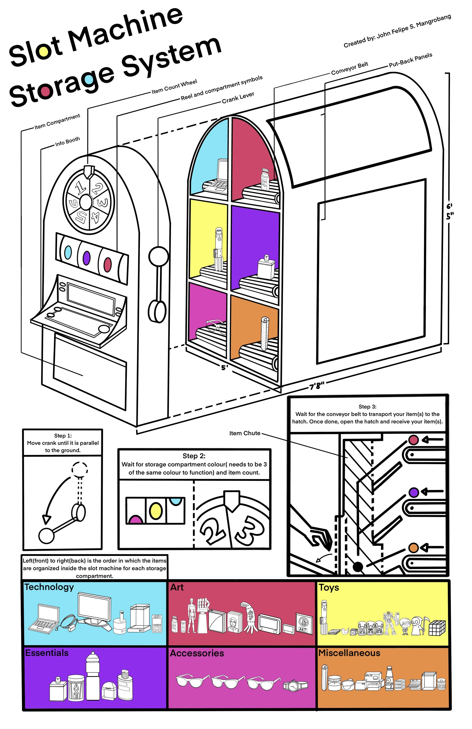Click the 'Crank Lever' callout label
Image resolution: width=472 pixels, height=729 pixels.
coord(238,98)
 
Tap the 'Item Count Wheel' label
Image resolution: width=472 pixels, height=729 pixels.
coord(174,86)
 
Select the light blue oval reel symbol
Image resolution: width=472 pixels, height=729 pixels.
coord(68,252)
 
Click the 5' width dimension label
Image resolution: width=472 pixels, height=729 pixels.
coord(225,367)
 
